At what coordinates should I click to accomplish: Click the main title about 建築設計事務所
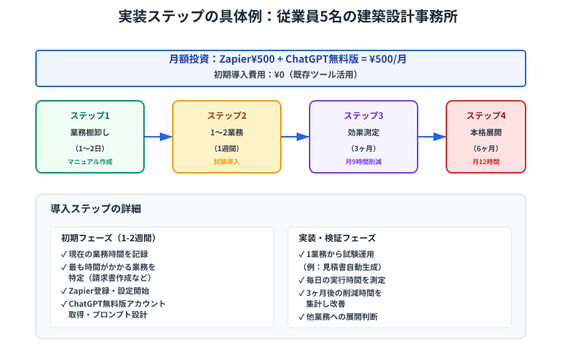pos(287,17)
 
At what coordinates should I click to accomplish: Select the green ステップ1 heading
pos(90,116)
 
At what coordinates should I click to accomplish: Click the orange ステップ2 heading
pos(227,116)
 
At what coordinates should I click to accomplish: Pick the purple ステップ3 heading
pos(364,116)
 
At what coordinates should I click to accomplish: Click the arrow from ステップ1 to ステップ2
pos(158,137)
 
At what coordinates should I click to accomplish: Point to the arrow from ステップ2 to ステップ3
pos(295,137)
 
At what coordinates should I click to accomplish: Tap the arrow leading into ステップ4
pos(432,137)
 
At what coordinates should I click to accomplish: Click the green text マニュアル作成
pos(90,162)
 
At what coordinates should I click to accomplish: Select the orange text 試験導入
pos(227,162)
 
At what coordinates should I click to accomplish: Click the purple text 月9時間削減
pos(364,162)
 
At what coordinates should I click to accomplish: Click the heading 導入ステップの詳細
pos(96,209)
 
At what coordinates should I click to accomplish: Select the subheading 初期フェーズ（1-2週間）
pos(109,238)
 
